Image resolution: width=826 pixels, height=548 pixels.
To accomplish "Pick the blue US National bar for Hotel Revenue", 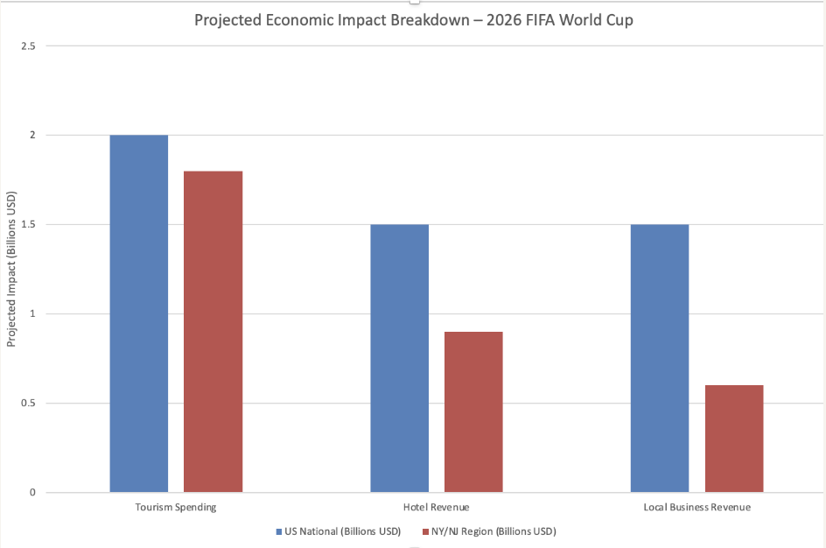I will coord(399,358).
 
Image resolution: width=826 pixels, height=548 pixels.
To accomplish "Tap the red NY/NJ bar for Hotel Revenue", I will coord(473,411).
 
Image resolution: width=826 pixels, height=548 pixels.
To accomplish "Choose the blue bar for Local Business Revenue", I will coord(660,358).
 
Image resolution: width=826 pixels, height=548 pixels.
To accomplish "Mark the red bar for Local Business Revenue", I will coord(734,439).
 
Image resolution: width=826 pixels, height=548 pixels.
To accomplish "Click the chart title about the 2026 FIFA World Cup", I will coord(413,20).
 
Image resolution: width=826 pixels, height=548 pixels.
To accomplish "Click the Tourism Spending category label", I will coord(176,507).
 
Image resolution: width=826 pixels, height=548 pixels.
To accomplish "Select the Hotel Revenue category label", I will coord(436,507).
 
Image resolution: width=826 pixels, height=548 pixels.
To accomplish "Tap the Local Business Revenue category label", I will coord(696,507).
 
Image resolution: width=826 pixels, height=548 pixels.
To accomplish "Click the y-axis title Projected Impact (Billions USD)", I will coord(11,269).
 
